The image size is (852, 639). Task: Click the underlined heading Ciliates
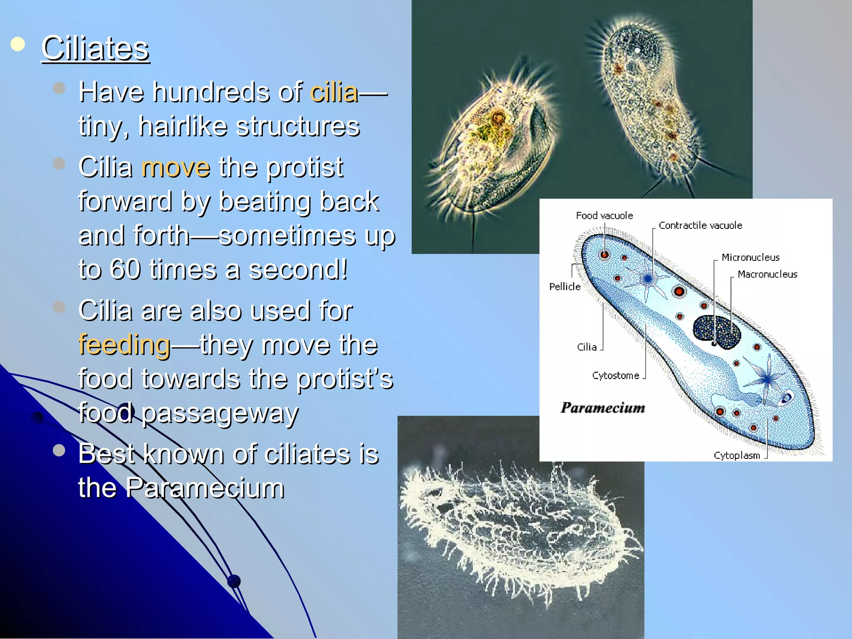pos(95,49)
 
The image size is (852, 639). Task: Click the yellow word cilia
pos(334,92)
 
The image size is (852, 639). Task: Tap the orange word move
pos(176,167)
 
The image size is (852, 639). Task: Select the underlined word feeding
pos(124,345)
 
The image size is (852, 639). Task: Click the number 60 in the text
pos(125,270)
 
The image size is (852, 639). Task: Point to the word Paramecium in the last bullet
pos(205,488)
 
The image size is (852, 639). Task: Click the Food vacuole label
pos(604,215)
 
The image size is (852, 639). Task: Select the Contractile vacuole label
pos(700,225)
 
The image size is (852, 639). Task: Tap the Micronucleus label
pos(750,258)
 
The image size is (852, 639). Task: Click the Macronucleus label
pos(767,275)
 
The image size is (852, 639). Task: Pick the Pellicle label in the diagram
pos(565,287)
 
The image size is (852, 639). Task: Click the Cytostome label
pos(615,376)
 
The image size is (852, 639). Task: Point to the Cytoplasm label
pos(736,456)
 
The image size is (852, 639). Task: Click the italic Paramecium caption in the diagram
pos(603,408)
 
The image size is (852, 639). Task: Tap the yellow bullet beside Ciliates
pos(17,44)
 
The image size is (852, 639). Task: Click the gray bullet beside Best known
pos(59,450)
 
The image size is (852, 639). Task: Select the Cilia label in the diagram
pos(587,347)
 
